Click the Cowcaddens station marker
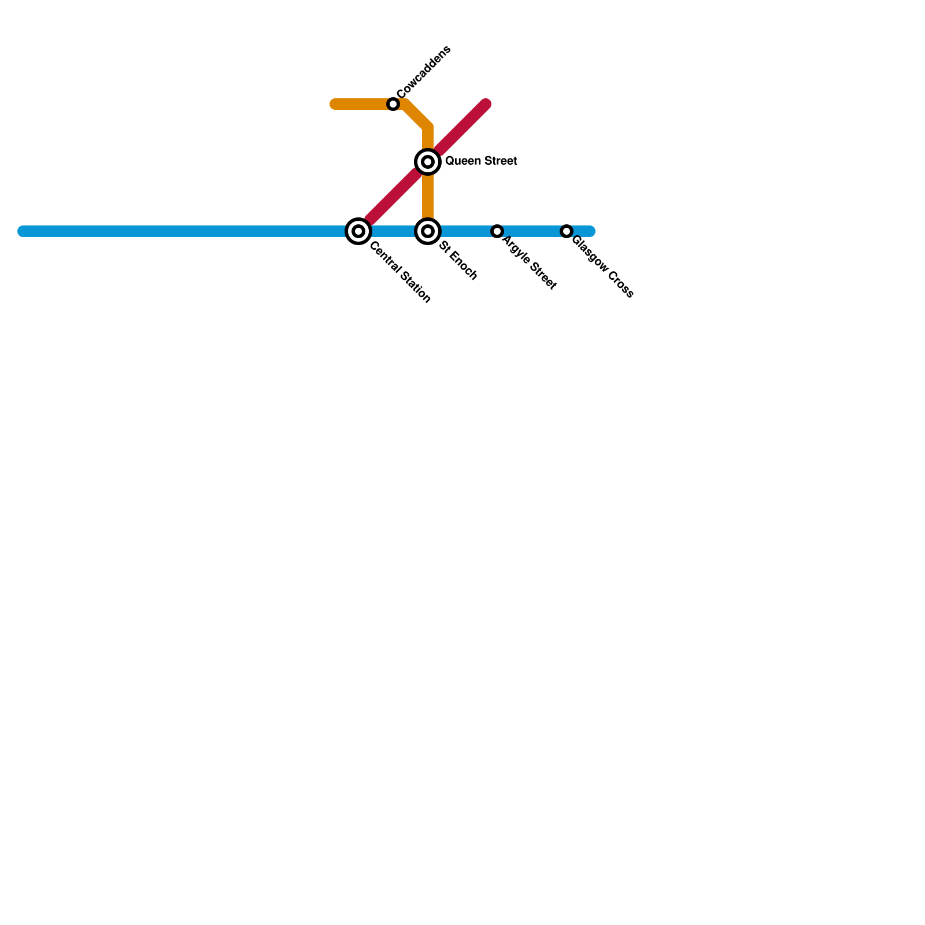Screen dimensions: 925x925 393,104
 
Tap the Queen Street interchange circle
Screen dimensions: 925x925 428,162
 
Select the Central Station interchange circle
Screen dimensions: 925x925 358,231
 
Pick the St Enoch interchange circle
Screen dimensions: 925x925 428,231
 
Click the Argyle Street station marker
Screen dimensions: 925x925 497,231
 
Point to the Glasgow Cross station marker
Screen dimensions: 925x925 567,231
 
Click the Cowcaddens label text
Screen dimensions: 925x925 423,72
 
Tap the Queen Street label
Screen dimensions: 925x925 481,161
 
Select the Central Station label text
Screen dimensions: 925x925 400,272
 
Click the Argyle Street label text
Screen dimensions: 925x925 529,263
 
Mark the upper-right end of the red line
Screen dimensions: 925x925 486,104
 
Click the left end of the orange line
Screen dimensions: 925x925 335,104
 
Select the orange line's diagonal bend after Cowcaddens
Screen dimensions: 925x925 417,114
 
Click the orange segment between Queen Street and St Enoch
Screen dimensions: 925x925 428,197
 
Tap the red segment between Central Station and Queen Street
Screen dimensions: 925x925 393,197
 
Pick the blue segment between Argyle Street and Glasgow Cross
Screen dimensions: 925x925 532,231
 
